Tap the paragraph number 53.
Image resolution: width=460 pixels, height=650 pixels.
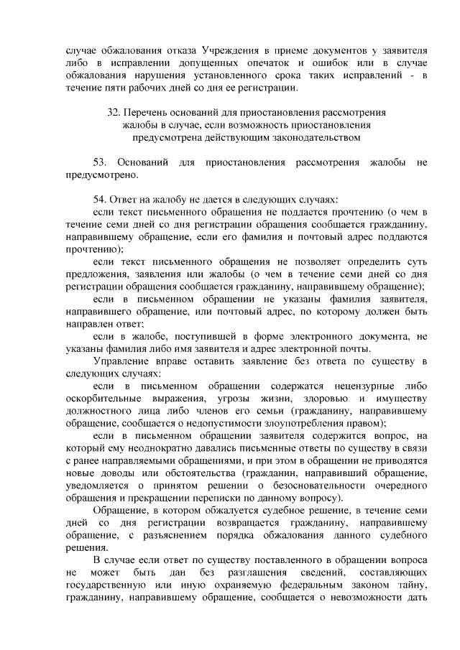click(x=101, y=162)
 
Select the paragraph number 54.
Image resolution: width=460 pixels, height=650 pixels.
click(x=101, y=199)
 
